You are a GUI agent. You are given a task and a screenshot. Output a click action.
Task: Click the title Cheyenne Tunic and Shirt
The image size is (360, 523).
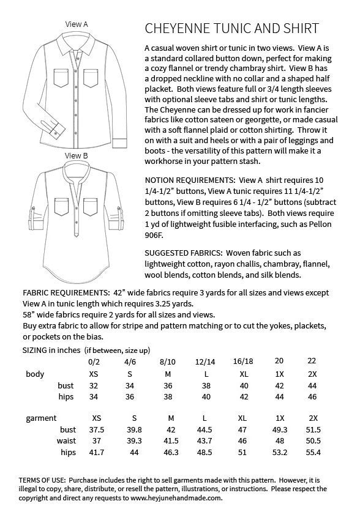coord(231,28)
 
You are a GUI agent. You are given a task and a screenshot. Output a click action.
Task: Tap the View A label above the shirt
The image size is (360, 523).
coord(77,24)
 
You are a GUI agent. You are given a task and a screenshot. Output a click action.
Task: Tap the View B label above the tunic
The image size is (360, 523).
coord(77,156)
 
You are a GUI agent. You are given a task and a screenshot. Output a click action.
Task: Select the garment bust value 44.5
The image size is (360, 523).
coord(206,430)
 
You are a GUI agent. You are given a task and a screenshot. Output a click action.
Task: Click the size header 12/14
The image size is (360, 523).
coord(206,361)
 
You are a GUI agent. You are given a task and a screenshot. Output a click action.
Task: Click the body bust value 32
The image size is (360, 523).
coord(93,385)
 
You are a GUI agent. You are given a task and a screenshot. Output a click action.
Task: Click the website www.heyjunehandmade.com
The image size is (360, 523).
coord(173,499)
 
